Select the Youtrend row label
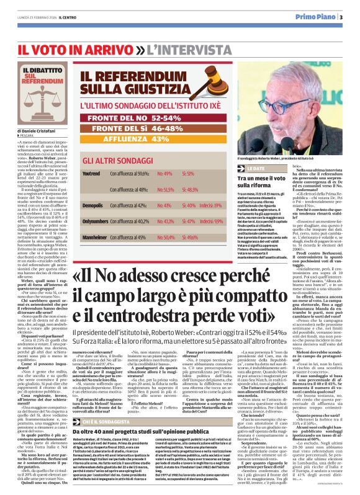pos(91,174)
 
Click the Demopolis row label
pos(92,203)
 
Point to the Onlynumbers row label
pos(95,220)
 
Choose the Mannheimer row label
pos(94,237)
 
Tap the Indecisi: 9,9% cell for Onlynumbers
pos(212,220)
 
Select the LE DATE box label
pos(255,168)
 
